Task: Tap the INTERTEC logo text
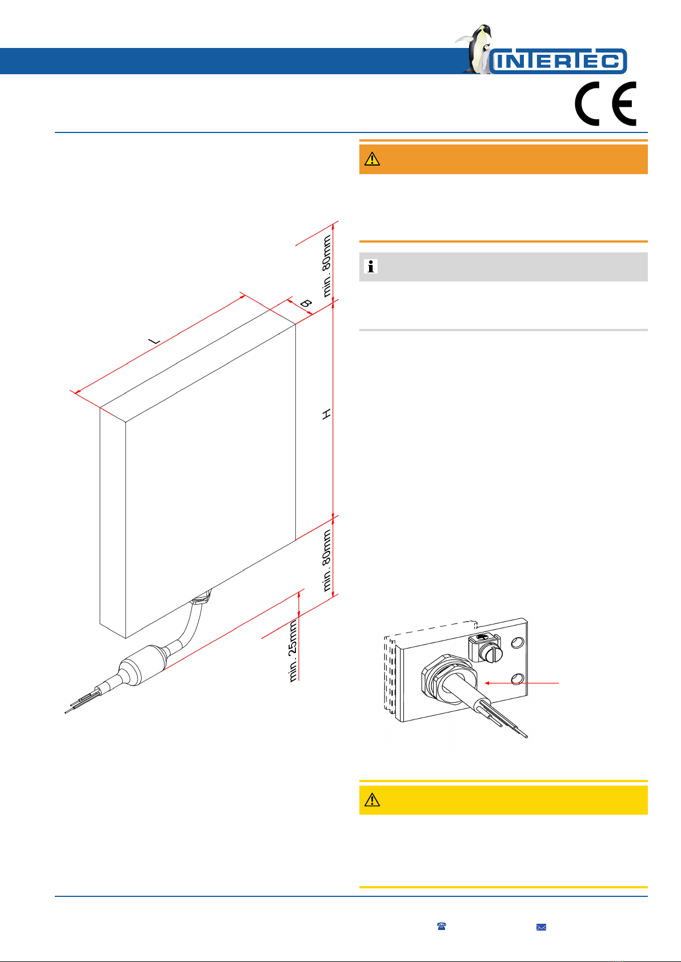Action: [558, 61]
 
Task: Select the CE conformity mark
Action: [605, 104]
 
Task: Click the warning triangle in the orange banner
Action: [372, 159]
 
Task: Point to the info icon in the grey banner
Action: [371, 267]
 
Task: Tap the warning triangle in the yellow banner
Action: [372, 800]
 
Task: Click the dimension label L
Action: [154, 341]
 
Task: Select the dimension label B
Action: [306, 304]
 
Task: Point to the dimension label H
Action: [326, 414]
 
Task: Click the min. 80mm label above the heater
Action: [327, 266]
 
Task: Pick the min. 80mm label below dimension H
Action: [327, 560]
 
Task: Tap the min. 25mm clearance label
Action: [293, 651]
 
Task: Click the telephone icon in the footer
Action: [442, 926]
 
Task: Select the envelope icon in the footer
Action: [540, 927]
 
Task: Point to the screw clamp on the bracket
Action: [484, 647]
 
